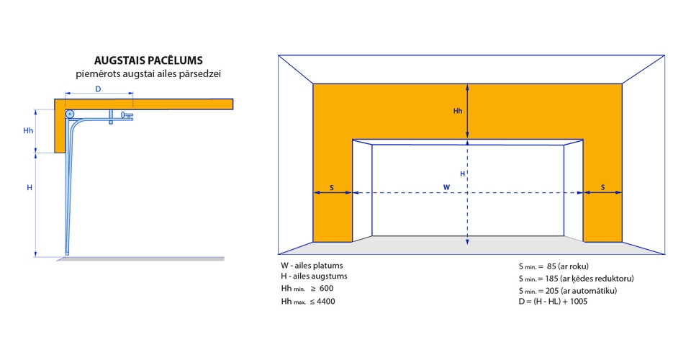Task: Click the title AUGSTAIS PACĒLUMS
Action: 148,60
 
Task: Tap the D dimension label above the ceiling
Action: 99,89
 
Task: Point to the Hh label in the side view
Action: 28,130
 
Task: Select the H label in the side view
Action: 30,188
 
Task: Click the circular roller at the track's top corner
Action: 70,114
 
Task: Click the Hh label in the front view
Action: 458,111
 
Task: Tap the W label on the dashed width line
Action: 446,187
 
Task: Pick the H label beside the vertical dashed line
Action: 462,174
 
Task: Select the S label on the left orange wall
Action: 332,188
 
